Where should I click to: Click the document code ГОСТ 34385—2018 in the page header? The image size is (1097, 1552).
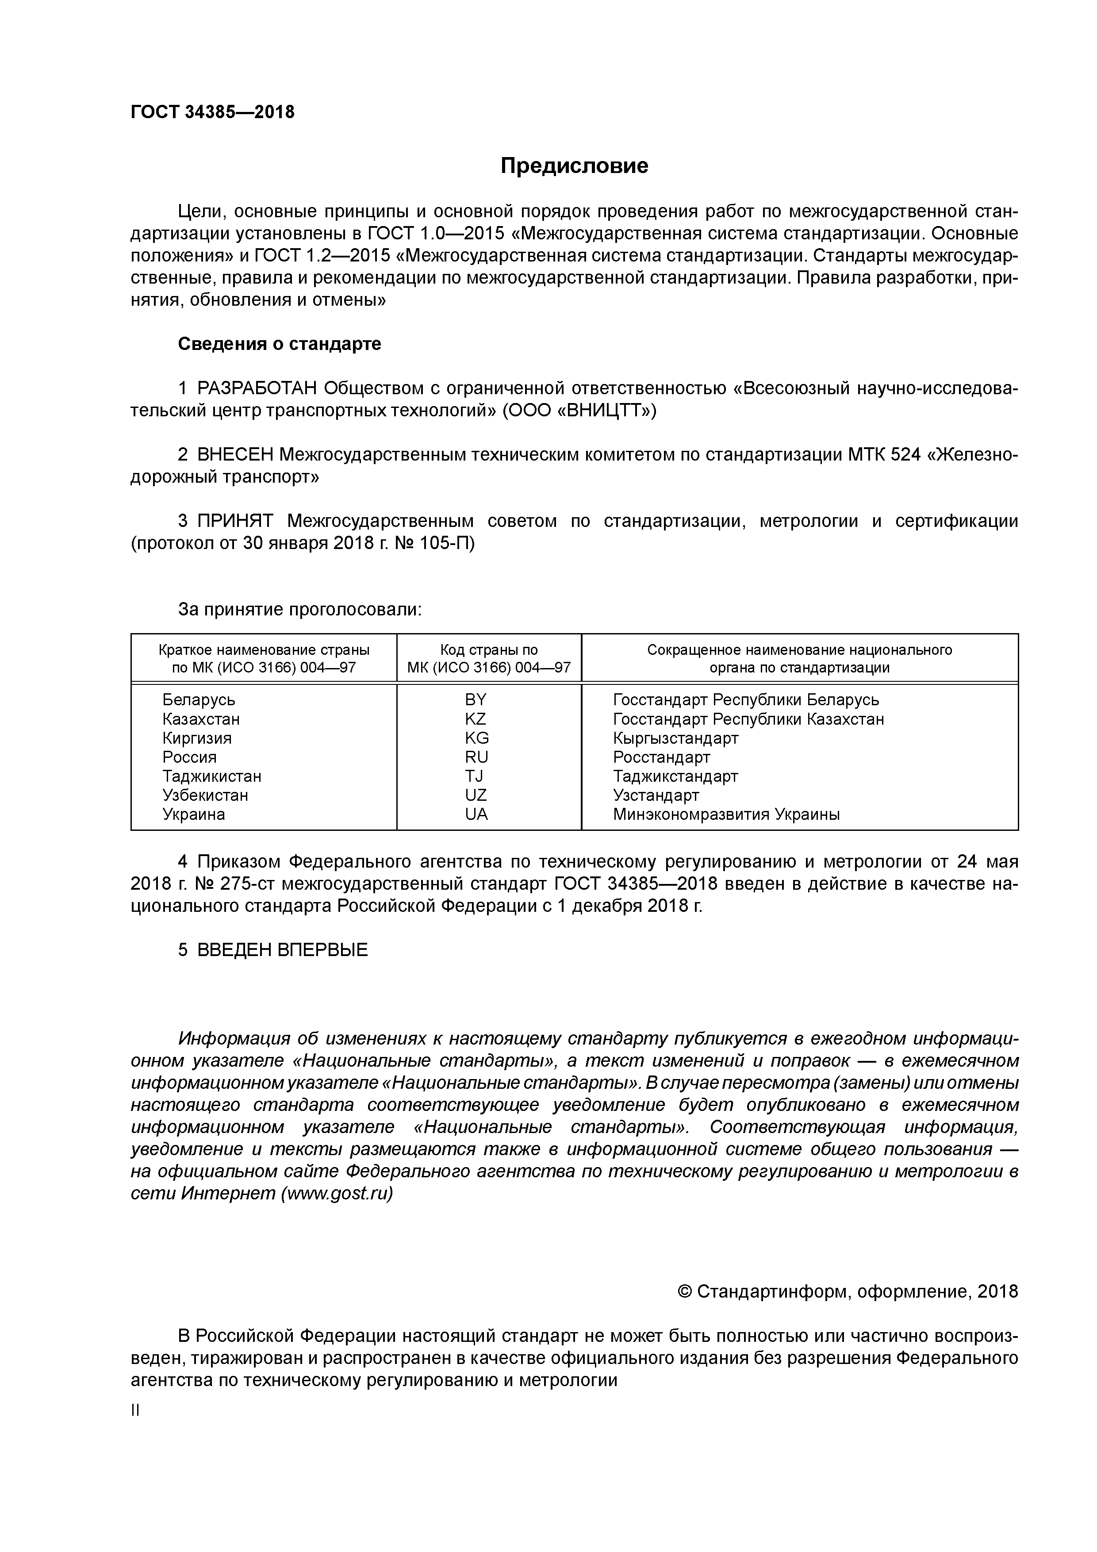[212, 112]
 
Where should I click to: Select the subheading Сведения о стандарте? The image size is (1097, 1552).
[279, 344]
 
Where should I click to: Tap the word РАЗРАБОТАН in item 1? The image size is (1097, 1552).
[257, 389]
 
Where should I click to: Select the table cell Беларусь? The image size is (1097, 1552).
[199, 699]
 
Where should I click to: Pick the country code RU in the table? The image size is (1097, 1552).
[476, 757]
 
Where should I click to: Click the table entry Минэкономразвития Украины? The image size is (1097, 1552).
[726, 814]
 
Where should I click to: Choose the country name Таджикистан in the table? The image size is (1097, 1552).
[211, 776]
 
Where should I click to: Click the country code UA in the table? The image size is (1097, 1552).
[476, 814]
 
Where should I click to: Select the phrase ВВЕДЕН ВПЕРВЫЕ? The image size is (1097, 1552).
[283, 950]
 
